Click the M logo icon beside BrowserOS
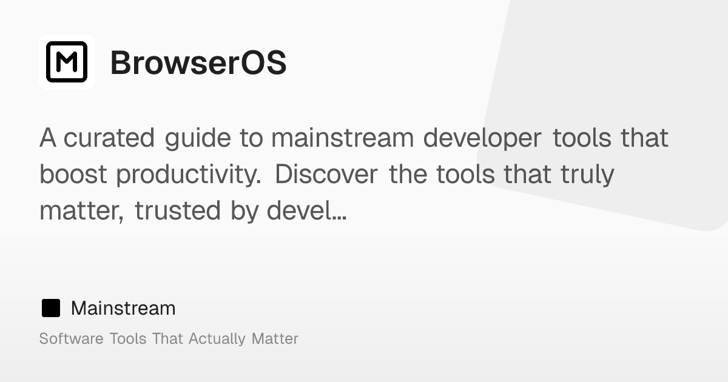click(x=67, y=62)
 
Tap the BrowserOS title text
click(x=198, y=62)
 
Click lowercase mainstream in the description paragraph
click(x=343, y=138)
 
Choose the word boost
click(x=73, y=175)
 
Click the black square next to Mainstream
click(x=51, y=309)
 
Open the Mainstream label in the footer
click(x=123, y=309)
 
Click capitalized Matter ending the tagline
click(x=275, y=338)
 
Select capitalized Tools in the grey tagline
click(x=128, y=338)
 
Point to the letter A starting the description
click(x=48, y=138)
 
